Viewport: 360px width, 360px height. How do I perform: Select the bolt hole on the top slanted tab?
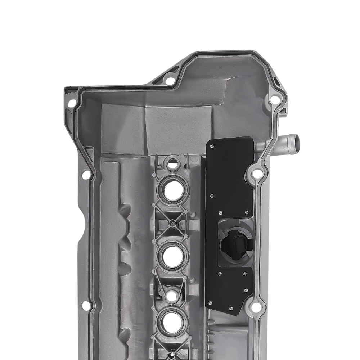pos(170,81)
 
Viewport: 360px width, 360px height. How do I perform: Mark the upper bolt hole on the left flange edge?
pos(86,175)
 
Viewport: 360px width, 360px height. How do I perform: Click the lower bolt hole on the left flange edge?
pos(86,306)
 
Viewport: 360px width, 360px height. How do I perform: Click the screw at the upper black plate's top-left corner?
pos(212,147)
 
